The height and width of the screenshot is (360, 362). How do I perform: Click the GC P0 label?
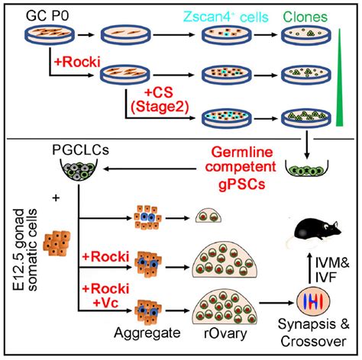[47, 16]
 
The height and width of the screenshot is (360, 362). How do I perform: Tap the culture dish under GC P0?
[50, 35]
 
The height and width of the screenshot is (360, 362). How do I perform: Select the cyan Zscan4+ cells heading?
[226, 17]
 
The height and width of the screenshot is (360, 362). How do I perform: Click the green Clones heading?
[305, 17]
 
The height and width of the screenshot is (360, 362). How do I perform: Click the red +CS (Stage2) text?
[160, 100]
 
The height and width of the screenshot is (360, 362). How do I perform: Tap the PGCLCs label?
[80, 150]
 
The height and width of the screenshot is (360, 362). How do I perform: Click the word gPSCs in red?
[242, 184]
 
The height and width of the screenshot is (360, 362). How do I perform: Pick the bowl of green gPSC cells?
[306, 169]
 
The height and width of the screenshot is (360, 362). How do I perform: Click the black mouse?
[315, 232]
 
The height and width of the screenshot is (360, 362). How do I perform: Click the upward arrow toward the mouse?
[309, 268]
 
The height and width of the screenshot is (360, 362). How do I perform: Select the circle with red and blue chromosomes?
[313, 301]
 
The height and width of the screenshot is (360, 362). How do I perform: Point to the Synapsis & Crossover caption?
[314, 333]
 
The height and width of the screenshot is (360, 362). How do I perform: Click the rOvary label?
[225, 333]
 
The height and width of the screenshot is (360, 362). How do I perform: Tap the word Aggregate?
[147, 333]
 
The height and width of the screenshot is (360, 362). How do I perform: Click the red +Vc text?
[105, 303]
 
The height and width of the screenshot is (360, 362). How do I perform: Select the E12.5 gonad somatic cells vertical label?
[25, 249]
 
